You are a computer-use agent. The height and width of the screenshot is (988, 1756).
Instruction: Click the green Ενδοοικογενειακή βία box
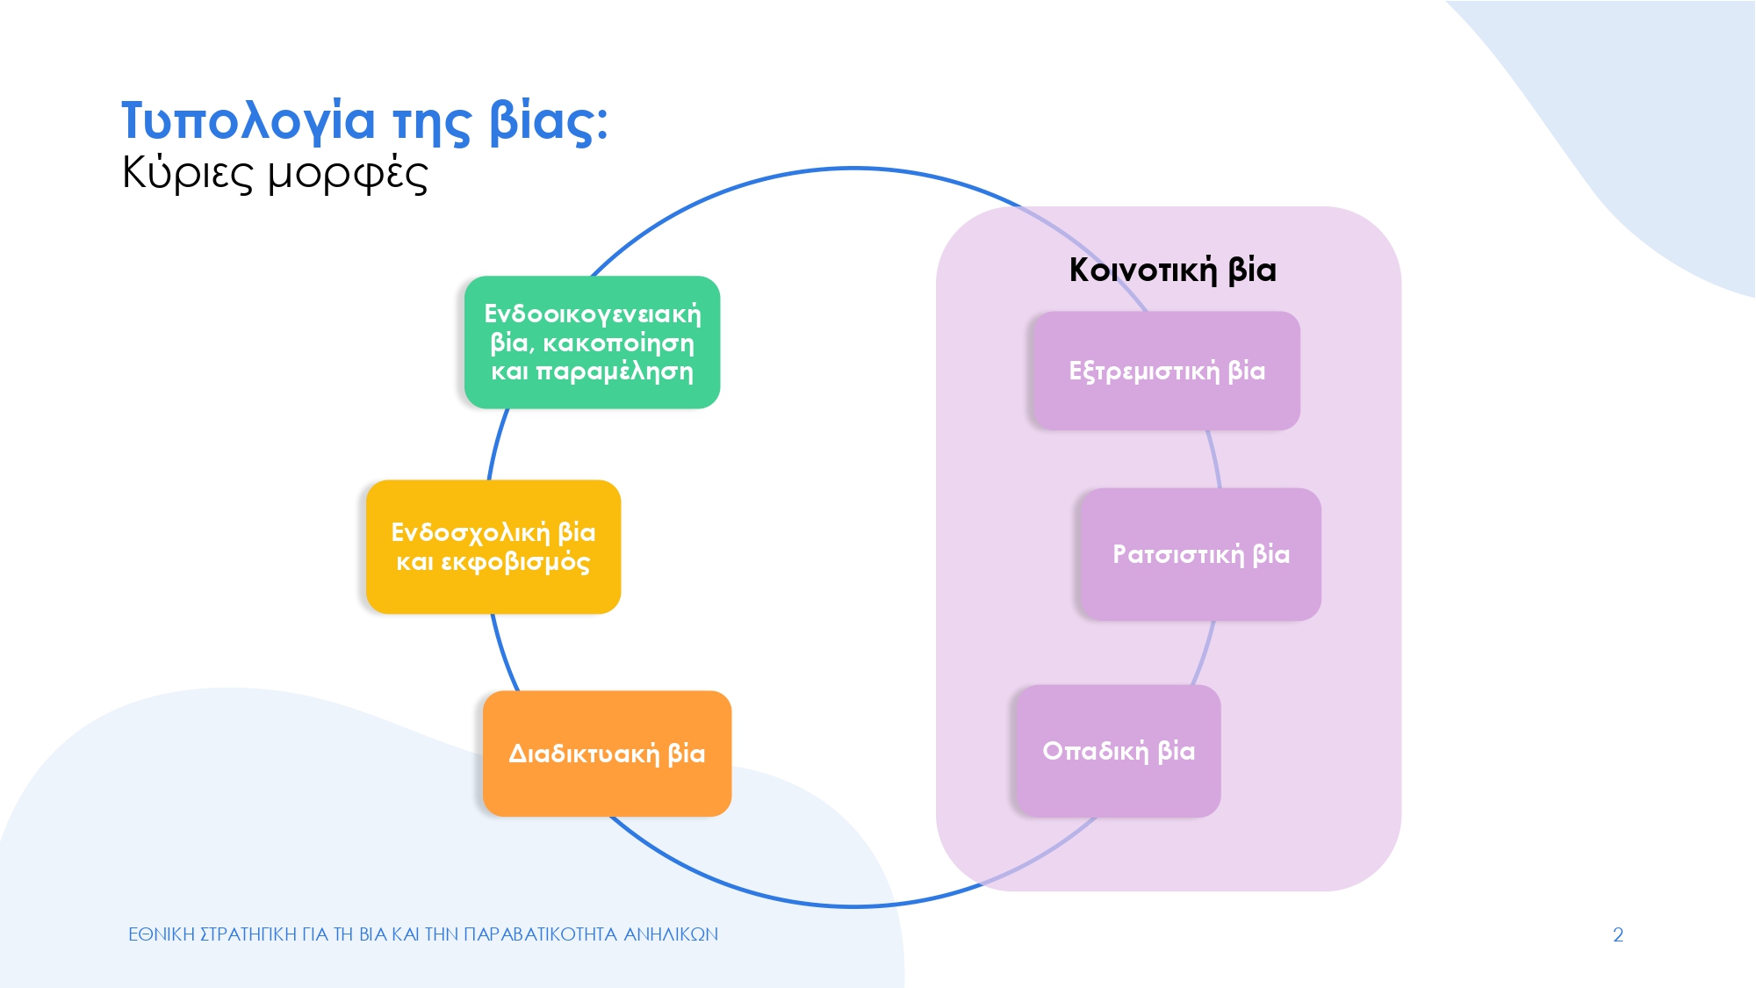pyautogui.click(x=592, y=343)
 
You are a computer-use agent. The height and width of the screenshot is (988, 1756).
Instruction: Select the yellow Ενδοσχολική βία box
pyautogui.click(x=493, y=546)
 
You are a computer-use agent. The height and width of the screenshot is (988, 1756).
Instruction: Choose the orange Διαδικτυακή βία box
pyautogui.click(x=607, y=754)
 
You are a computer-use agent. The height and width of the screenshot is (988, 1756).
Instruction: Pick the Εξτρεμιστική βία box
pyautogui.click(x=1166, y=371)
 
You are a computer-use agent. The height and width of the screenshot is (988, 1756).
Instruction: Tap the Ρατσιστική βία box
pyautogui.click(x=1200, y=554)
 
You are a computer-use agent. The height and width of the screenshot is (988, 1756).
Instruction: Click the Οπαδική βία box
pyautogui.click(x=1118, y=751)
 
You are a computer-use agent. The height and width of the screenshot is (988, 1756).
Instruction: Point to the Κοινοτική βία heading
pyautogui.click(x=1172, y=270)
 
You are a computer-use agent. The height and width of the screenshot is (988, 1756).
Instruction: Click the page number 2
pyautogui.click(x=1617, y=934)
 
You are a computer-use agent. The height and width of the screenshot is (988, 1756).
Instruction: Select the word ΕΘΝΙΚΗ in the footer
pyautogui.click(x=162, y=934)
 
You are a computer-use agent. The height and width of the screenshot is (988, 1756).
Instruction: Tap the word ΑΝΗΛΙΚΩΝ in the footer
pyautogui.click(x=671, y=934)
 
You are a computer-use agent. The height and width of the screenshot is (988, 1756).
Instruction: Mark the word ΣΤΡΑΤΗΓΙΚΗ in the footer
pyautogui.click(x=248, y=934)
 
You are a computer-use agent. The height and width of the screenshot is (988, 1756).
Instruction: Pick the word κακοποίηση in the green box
pyautogui.click(x=618, y=343)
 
